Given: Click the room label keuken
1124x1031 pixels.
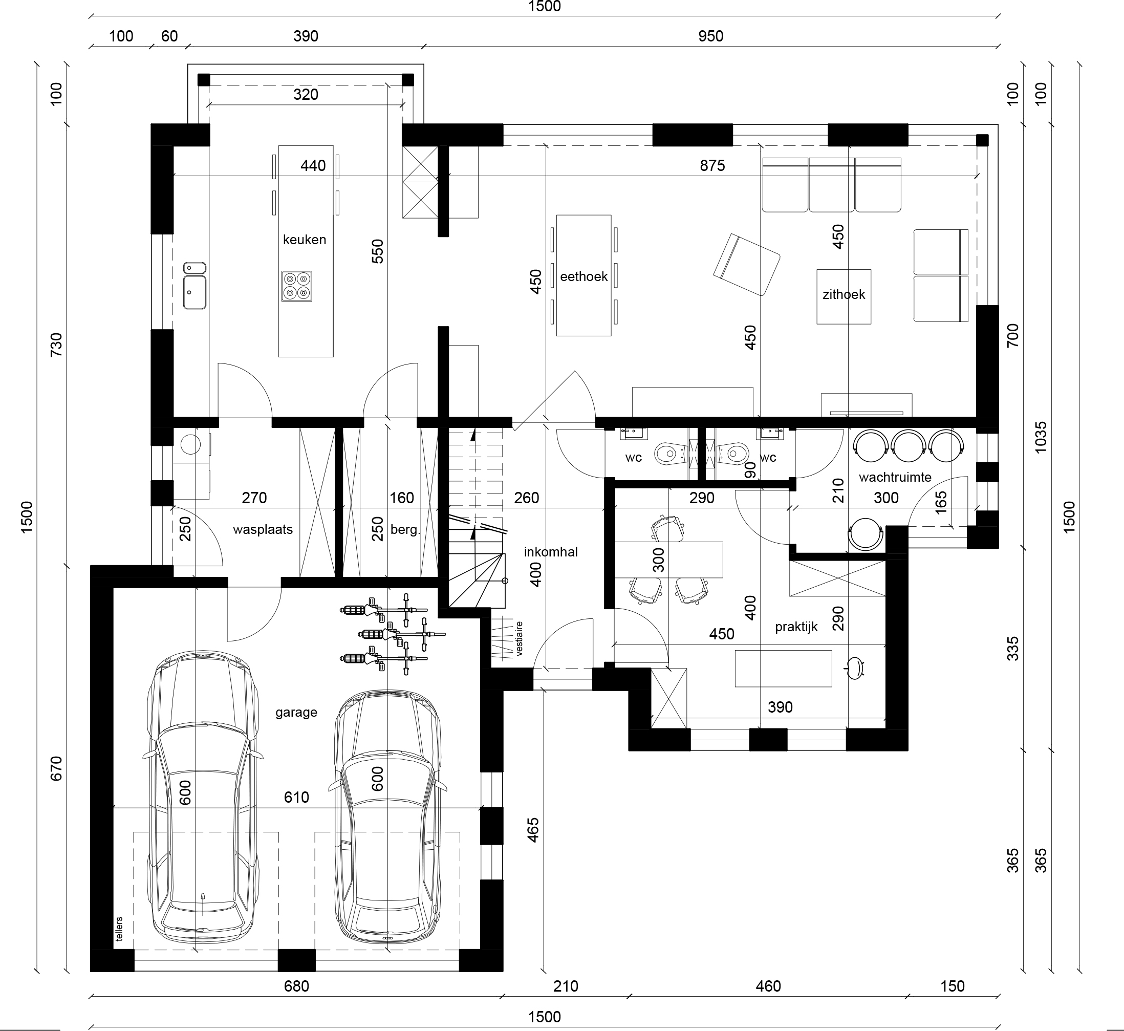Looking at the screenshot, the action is (304, 240).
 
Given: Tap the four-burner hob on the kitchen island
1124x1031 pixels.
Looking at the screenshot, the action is (297, 286).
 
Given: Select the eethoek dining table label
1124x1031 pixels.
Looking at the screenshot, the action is (583, 277).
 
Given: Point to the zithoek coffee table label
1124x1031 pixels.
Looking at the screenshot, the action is (844, 294).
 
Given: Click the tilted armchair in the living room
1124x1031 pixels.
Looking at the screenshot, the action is (746, 265).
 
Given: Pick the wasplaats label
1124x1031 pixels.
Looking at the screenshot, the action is (263, 529).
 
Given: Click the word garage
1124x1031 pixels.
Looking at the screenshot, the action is (296, 713).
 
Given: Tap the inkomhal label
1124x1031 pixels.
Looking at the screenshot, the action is (551, 552).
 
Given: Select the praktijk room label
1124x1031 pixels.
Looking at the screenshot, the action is (796, 627).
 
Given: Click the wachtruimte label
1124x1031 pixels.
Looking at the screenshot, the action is (895, 477).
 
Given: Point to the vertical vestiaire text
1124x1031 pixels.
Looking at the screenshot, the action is (520, 638).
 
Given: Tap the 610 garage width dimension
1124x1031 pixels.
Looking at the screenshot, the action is (296, 797).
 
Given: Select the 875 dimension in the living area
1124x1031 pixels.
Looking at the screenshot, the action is (712, 165).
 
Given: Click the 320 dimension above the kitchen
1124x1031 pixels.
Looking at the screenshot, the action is (306, 94).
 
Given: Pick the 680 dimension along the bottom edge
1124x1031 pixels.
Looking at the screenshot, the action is (296, 986).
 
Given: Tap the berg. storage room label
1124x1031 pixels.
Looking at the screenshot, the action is (405, 529).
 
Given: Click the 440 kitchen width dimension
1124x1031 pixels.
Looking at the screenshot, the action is (313, 166).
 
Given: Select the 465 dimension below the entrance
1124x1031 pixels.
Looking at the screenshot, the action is (533, 830).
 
